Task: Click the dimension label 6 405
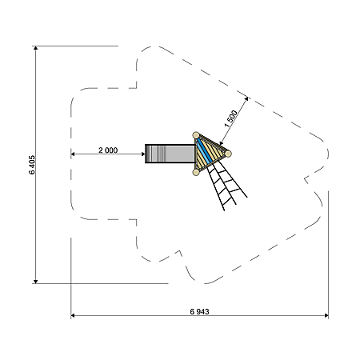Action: coord(32,165)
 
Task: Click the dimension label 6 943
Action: coord(199,311)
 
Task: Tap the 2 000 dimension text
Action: coord(108,150)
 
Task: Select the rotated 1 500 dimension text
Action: coord(230,118)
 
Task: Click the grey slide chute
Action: coord(170,154)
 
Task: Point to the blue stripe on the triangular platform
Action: coord(205,150)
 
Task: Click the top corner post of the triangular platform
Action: coord(196,135)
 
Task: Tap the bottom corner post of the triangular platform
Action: coord(196,172)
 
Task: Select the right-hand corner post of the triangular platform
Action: coord(228,154)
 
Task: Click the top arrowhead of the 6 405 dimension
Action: coord(35,48)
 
